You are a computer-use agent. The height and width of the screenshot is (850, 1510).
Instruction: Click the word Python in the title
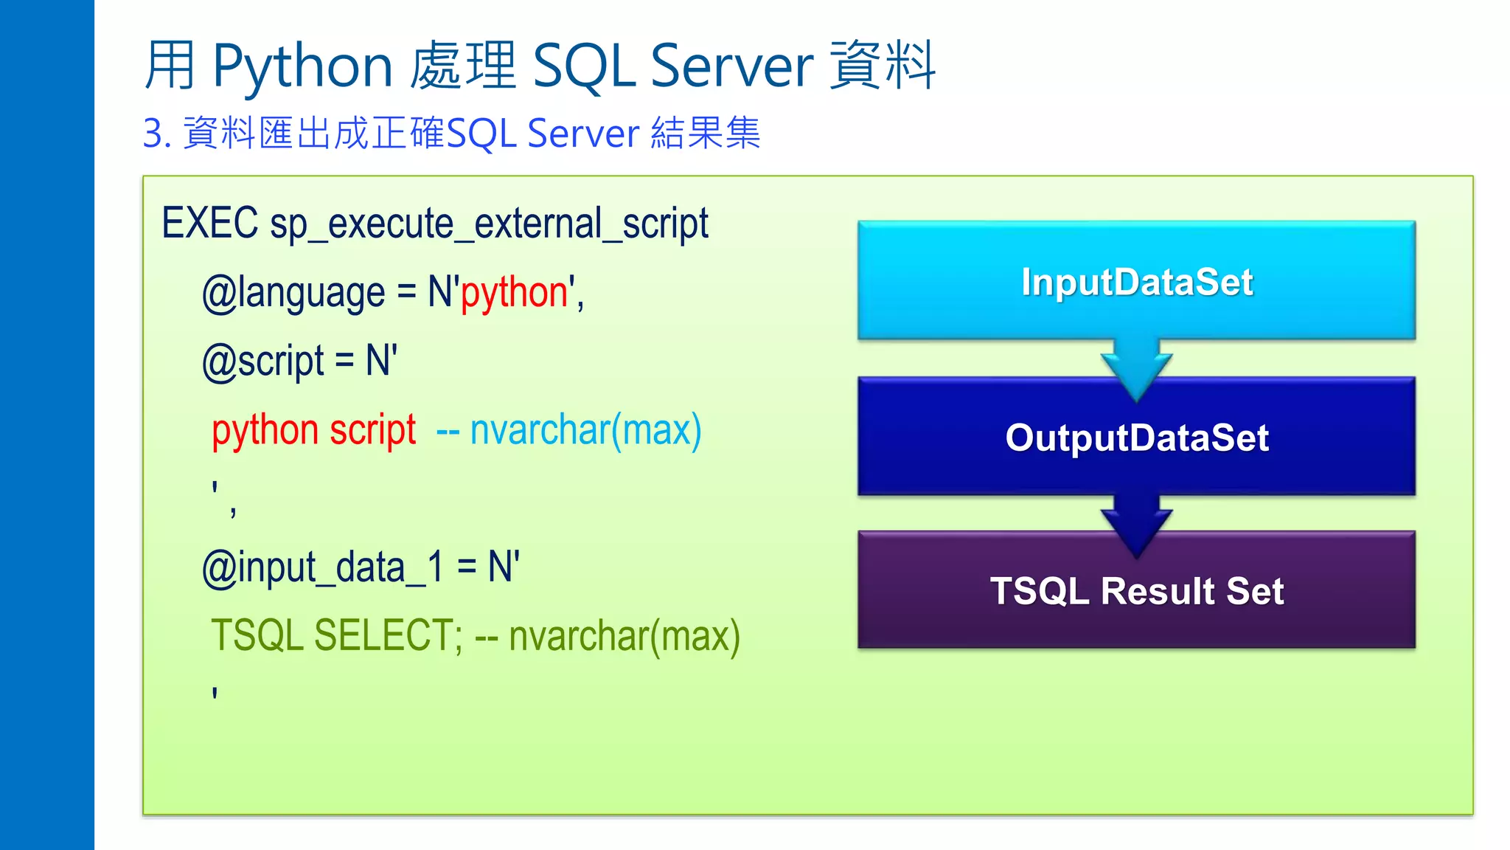[x=302, y=66]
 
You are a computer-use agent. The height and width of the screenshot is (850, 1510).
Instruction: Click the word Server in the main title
[x=731, y=66]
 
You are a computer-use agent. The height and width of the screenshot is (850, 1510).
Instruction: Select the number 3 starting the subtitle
[x=152, y=134]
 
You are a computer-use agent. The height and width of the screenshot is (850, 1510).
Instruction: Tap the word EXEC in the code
[x=209, y=223]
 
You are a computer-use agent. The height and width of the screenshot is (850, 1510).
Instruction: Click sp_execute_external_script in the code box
[x=489, y=224]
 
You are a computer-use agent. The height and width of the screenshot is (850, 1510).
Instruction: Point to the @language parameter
[x=293, y=293]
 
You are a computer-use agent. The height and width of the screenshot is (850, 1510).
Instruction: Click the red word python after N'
[x=514, y=293]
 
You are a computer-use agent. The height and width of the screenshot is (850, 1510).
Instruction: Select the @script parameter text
[x=262, y=362]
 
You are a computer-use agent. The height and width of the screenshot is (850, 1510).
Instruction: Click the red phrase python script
[x=313, y=430]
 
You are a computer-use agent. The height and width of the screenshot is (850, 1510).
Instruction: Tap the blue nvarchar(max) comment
[x=585, y=430]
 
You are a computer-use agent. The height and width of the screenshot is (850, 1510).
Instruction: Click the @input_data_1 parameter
[x=323, y=567]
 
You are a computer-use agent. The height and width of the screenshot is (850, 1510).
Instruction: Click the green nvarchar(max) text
[x=624, y=635]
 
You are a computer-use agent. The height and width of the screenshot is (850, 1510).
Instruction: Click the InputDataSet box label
[x=1136, y=282]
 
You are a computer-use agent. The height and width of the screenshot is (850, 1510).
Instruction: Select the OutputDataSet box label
[x=1136, y=438]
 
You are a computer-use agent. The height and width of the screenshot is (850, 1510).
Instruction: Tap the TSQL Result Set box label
[x=1136, y=591]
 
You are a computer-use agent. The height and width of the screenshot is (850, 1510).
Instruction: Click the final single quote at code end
[x=215, y=694]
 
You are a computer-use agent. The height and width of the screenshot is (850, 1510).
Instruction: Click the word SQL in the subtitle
[x=481, y=134]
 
